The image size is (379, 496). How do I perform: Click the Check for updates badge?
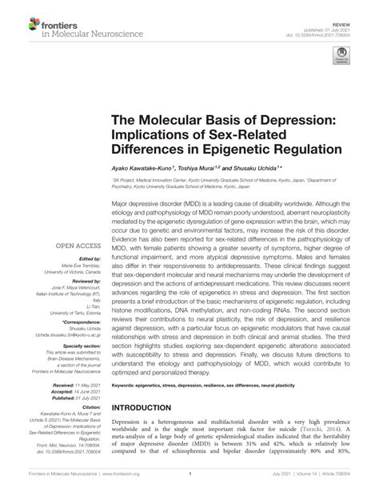pos(341,57)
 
